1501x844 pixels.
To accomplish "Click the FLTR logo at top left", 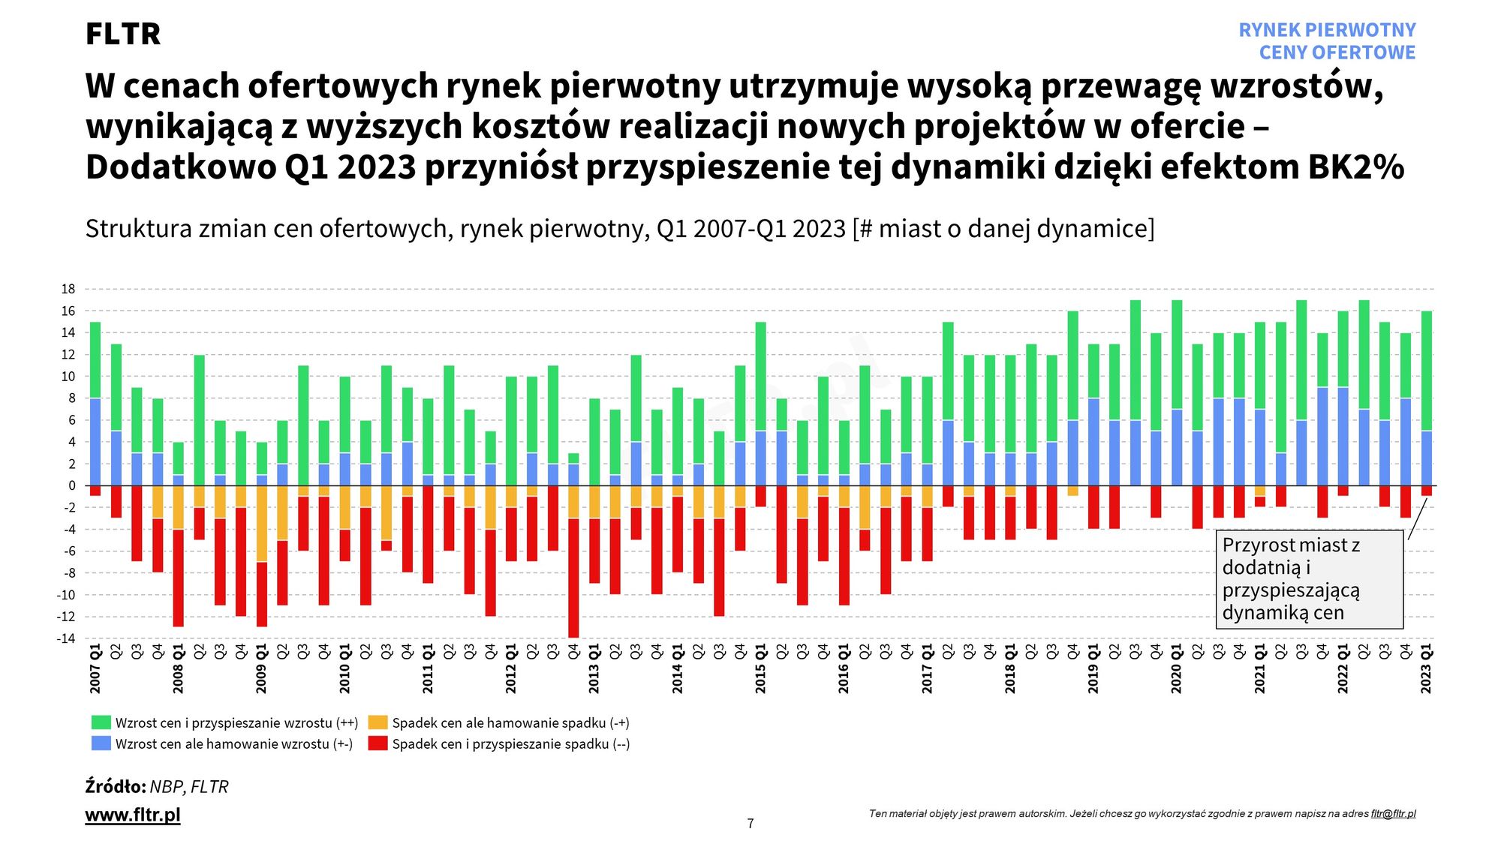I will click(x=123, y=34).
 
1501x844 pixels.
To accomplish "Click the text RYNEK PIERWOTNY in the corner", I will click(x=1327, y=30).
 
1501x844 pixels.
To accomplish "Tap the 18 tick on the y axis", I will click(x=68, y=289).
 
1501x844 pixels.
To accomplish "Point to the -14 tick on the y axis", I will click(x=67, y=638).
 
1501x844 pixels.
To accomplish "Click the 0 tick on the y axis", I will click(x=72, y=485).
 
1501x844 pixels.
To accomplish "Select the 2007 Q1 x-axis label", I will click(x=95, y=668).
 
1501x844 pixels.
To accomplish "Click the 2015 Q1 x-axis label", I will click(x=760, y=668).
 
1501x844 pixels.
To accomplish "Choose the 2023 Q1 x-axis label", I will click(x=1426, y=668).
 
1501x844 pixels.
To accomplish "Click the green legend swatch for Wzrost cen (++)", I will click(x=101, y=722).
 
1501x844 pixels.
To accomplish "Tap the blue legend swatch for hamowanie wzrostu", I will click(x=101, y=743).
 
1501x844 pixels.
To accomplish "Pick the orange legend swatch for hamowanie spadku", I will click(x=378, y=722).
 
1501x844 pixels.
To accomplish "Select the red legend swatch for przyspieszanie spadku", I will click(x=378, y=743).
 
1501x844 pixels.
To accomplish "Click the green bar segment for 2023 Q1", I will click(x=1426, y=371).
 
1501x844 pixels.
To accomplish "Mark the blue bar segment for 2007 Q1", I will click(x=95, y=442).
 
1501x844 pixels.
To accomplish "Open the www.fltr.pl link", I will click(x=133, y=815).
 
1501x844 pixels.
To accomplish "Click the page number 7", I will click(x=750, y=824).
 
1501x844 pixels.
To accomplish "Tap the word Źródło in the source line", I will click(x=116, y=787).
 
